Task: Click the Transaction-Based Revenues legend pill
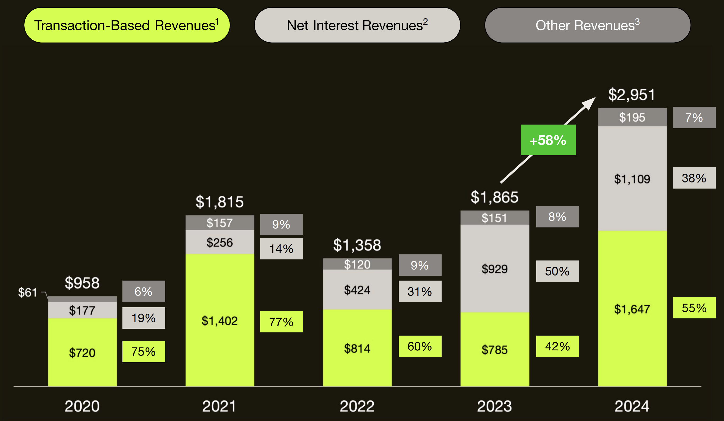pyautogui.click(x=127, y=25)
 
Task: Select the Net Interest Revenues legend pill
pyautogui.click(x=357, y=25)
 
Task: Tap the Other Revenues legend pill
pyautogui.click(x=587, y=25)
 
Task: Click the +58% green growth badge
pyautogui.click(x=548, y=140)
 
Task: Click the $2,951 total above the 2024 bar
pyautogui.click(x=631, y=95)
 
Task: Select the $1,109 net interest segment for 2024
pyautogui.click(x=632, y=179)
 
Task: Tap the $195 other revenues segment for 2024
pyautogui.click(x=632, y=117)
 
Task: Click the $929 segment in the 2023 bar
pyautogui.click(x=494, y=269)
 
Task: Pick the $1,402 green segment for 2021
pyautogui.click(x=219, y=321)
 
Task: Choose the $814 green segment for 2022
pyautogui.click(x=357, y=348)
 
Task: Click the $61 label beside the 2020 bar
pyautogui.click(x=28, y=292)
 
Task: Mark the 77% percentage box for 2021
pyautogui.click(x=281, y=322)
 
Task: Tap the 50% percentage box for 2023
pyautogui.click(x=557, y=271)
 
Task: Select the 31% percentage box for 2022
pyautogui.click(x=419, y=291)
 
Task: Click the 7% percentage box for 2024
pyautogui.click(x=694, y=117)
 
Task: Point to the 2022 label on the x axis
pyautogui.click(x=357, y=406)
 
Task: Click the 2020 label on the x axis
pyautogui.click(x=82, y=406)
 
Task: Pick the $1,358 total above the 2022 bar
pyautogui.click(x=357, y=245)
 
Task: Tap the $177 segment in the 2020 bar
pyautogui.click(x=82, y=310)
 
